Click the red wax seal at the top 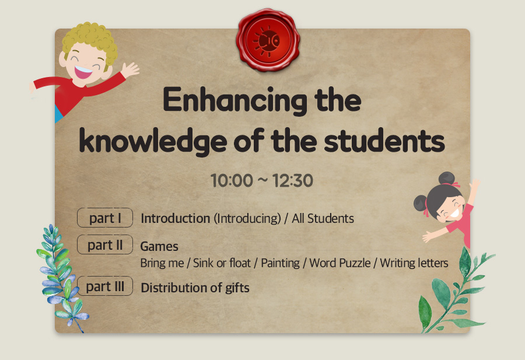[x=268, y=40]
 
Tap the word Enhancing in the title [x=235, y=101]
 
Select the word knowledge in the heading [x=153, y=141]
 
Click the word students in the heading [x=384, y=140]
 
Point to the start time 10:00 [x=232, y=180]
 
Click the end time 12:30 [x=293, y=180]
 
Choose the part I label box [x=105, y=218]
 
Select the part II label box [x=105, y=244]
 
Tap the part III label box [x=105, y=286]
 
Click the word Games [x=159, y=246]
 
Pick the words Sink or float [x=222, y=263]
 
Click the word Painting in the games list [x=280, y=263]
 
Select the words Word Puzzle [x=340, y=263]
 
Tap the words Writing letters [x=414, y=263]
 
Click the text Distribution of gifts [x=195, y=288]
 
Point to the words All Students [x=323, y=218]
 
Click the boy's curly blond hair [x=90, y=40]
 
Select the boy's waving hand [x=129, y=70]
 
